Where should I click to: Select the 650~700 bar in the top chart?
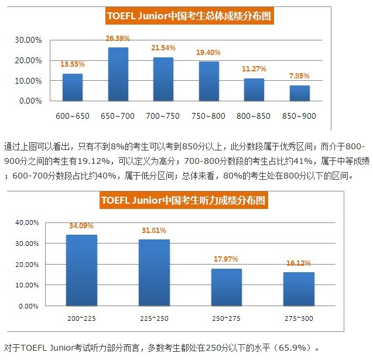coord(118,74)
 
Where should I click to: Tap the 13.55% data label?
coord(73,64)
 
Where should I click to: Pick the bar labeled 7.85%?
coord(299,93)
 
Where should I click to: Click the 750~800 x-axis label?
coord(208,116)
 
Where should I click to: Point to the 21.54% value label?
coord(163,47)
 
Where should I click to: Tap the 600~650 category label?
coord(73,116)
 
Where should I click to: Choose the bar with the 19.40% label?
coord(208,81)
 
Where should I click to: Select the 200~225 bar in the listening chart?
coord(81,270)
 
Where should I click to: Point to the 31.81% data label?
coord(154,230)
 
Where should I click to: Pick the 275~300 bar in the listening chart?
coord(299,289)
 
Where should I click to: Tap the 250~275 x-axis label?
coord(226,317)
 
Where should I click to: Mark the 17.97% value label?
coord(226,259)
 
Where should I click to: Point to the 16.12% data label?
coord(299,263)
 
